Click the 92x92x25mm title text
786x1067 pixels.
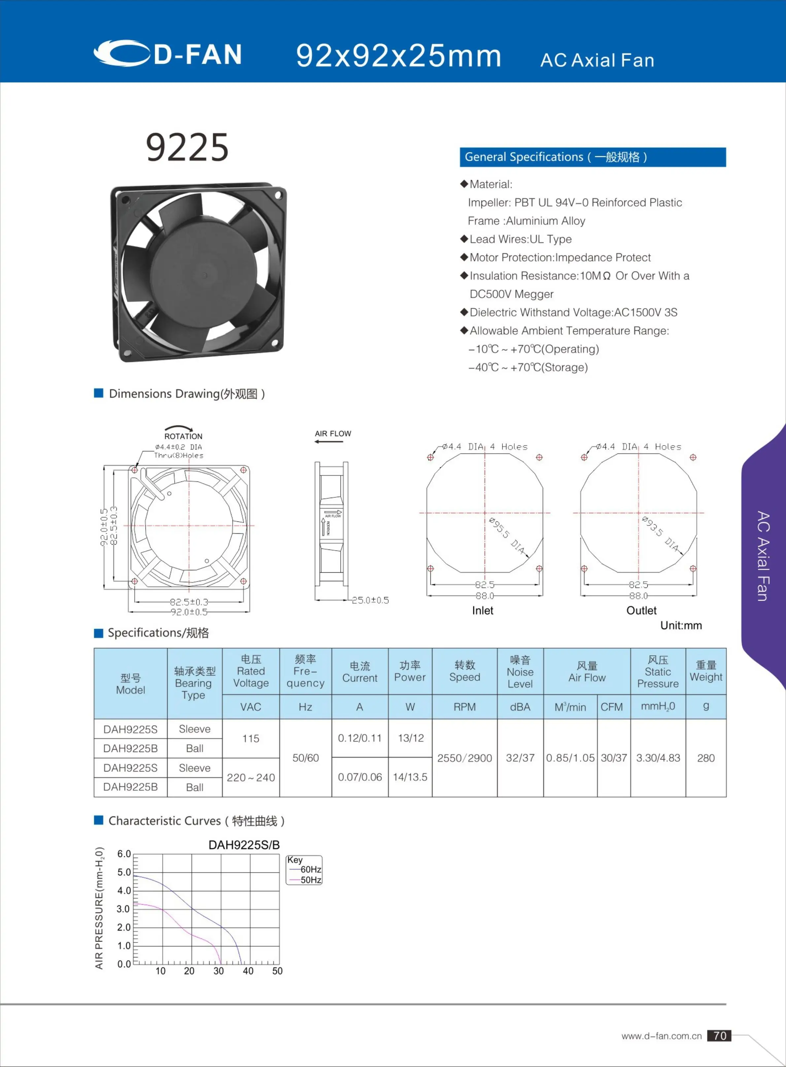tap(398, 56)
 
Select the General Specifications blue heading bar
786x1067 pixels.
tap(592, 157)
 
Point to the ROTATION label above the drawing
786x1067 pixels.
tap(183, 436)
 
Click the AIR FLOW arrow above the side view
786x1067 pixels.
tap(329, 441)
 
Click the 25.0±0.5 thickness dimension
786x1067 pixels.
tap(370, 600)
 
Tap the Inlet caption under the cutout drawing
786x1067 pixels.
tap(482, 611)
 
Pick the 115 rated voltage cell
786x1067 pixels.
tap(251, 739)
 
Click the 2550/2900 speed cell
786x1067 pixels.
tap(464, 758)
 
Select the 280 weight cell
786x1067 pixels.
tap(705, 758)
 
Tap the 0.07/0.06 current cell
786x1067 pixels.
tap(360, 777)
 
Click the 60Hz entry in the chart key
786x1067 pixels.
tap(310, 870)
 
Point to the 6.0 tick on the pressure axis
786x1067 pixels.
tap(124, 854)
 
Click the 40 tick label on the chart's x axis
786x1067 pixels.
tap(248, 971)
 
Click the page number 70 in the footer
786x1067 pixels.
tap(719, 1036)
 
